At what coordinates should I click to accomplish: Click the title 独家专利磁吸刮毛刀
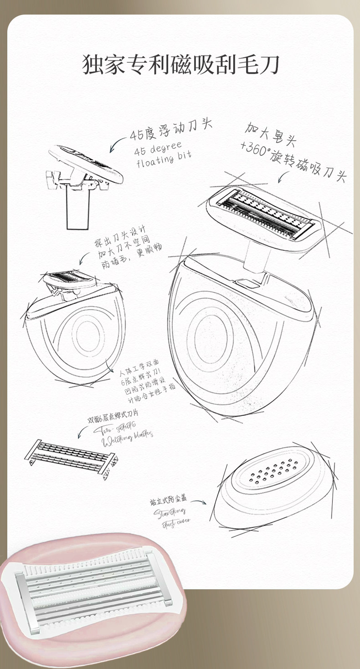click(x=180, y=65)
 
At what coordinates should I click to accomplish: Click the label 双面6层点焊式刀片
click(x=113, y=416)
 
